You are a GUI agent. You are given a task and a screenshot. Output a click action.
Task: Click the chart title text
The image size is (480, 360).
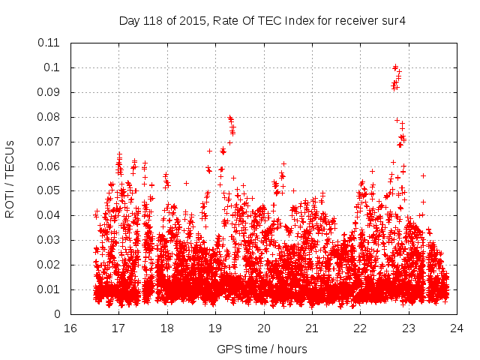pyautogui.click(x=262, y=20)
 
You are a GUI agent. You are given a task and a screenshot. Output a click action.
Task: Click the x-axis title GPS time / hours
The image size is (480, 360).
pyautogui.click(x=262, y=349)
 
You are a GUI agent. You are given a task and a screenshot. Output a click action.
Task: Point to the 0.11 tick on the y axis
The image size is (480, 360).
pyautogui.click(x=49, y=43)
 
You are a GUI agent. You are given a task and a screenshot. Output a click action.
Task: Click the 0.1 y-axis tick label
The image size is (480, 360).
pyautogui.click(x=52, y=67)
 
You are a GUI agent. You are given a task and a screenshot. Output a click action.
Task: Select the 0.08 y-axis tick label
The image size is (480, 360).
pyautogui.click(x=49, y=117)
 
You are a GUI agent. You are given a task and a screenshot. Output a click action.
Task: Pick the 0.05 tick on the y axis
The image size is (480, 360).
pyautogui.click(x=49, y=190)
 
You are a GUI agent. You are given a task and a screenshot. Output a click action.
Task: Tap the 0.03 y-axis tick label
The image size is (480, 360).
pyautogui.click(x=49, y=240)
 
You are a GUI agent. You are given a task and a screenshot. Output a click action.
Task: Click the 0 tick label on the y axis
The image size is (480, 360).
pyautogui.click(x=57, y=314)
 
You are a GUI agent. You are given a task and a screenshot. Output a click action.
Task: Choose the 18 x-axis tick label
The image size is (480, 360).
pyautogui.click(x=167, y=328)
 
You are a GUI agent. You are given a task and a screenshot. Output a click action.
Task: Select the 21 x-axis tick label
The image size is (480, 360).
pyautogui.click(x=312, y=328)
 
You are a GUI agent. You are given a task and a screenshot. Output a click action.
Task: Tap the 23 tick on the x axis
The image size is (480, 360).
pyautogui.click(x=409, y=328)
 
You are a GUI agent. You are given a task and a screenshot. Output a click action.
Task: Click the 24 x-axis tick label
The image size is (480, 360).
pyautogui.click(x=457, y=328)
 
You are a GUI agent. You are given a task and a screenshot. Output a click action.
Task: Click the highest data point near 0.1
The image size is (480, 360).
pyautogui.click(x=395, y=67)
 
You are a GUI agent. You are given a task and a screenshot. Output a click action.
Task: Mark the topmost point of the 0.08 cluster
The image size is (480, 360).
pyautogui.click(x=229, y=117)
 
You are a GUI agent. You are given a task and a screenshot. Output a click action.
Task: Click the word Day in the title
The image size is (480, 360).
pyautogui.click(x=129, y=20)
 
